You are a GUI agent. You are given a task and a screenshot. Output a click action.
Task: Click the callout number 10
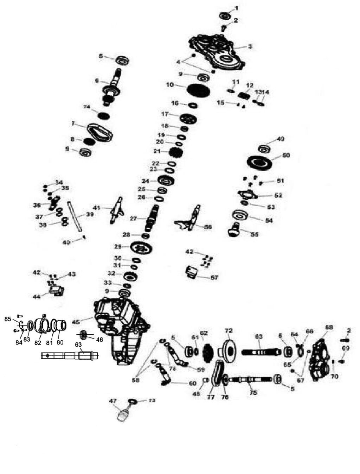[x=170, y=85]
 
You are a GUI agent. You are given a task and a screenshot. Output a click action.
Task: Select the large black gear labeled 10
[x=199, y=90]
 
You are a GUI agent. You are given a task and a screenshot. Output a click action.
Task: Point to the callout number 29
[x=118, y=246]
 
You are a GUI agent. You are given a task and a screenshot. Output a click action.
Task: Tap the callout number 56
[x=208, y=227]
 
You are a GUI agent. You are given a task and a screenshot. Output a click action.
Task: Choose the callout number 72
[x=229, y=331]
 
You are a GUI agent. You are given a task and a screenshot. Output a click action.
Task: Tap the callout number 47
[x=113, y=400]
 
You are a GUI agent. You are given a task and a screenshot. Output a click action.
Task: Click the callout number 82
[x=38, y=342]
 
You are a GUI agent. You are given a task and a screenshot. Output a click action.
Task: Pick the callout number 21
[x=157, y=151]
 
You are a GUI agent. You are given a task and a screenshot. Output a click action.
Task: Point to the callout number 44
[x=37, y=297]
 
